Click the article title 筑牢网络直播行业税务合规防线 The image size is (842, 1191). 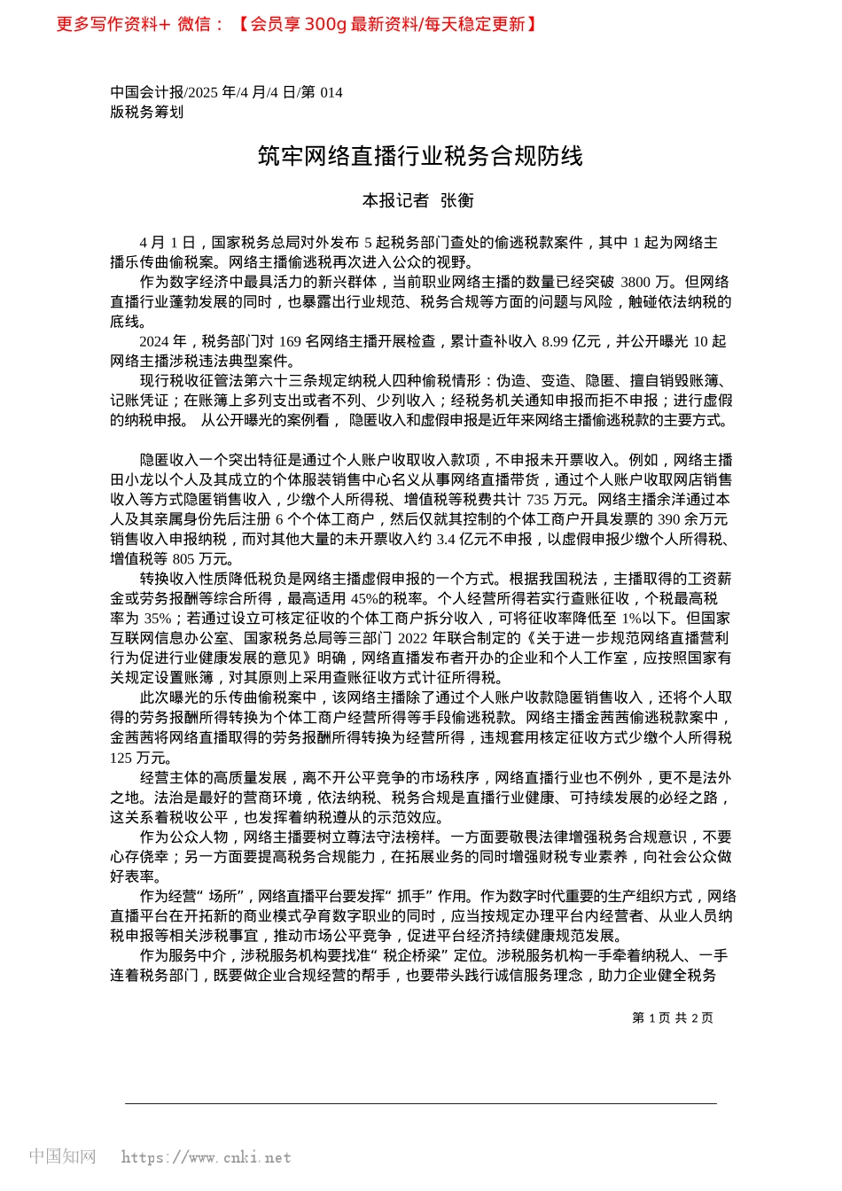(x=420, y=156)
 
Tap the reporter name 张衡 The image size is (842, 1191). (x=457, y=201)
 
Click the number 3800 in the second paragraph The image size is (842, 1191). (x=635, y=282)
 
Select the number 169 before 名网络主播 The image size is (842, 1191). (x=290, y=341)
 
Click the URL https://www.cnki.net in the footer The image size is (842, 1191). (x=206, y=1157)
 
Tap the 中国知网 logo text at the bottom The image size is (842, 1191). (x=62, y=1156)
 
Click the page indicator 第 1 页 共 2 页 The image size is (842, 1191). (x=672, y=1018)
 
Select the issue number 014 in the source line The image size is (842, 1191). (x=331, y=92)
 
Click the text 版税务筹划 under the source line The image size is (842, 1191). (x=147, y=112)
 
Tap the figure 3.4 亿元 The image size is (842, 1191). (x=464, y=539)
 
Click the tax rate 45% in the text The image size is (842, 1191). (x=366, y=598)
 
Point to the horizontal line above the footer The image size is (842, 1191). (x=420, y=1103)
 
